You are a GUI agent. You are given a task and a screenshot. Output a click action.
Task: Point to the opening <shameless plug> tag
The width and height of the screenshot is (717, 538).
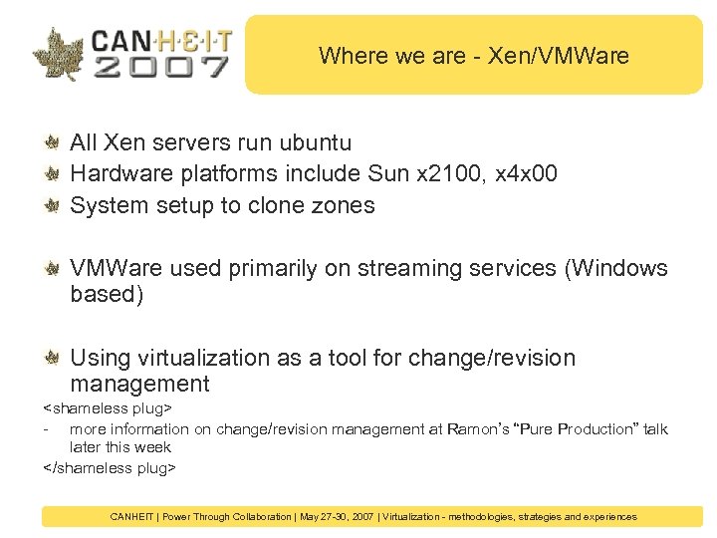(108, 408)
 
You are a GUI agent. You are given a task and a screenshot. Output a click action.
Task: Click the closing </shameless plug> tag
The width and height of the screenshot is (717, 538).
(110, 467)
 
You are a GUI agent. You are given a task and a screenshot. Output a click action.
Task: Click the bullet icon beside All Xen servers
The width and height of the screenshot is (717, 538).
(52, 142)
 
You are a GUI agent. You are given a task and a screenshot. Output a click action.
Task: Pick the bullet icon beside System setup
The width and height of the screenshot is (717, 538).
(52, 205)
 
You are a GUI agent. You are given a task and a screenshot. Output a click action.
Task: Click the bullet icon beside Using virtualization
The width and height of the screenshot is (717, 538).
(52, 358)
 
